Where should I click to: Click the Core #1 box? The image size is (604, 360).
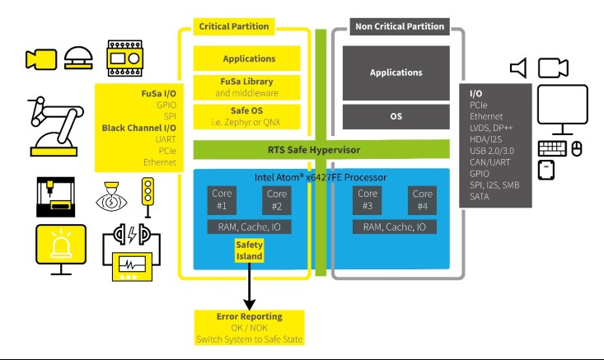[x=223, y=199]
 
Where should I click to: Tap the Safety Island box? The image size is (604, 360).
[x=249, y=250]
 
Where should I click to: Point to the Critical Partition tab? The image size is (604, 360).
[x=233, y=26]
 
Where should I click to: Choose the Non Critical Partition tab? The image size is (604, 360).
[x=399, y=26]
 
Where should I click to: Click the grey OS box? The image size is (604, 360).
[x=396, y=117]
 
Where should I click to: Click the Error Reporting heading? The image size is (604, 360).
[x=249, y=316]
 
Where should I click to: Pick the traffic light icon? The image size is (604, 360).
[x=149, y=199]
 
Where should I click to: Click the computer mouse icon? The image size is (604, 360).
[x=577, y=149]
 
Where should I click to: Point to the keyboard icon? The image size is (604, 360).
[x=552, y=149]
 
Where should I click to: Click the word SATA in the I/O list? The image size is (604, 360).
[x=480, y=198]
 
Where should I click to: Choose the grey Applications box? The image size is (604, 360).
[x=396, y=72]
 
